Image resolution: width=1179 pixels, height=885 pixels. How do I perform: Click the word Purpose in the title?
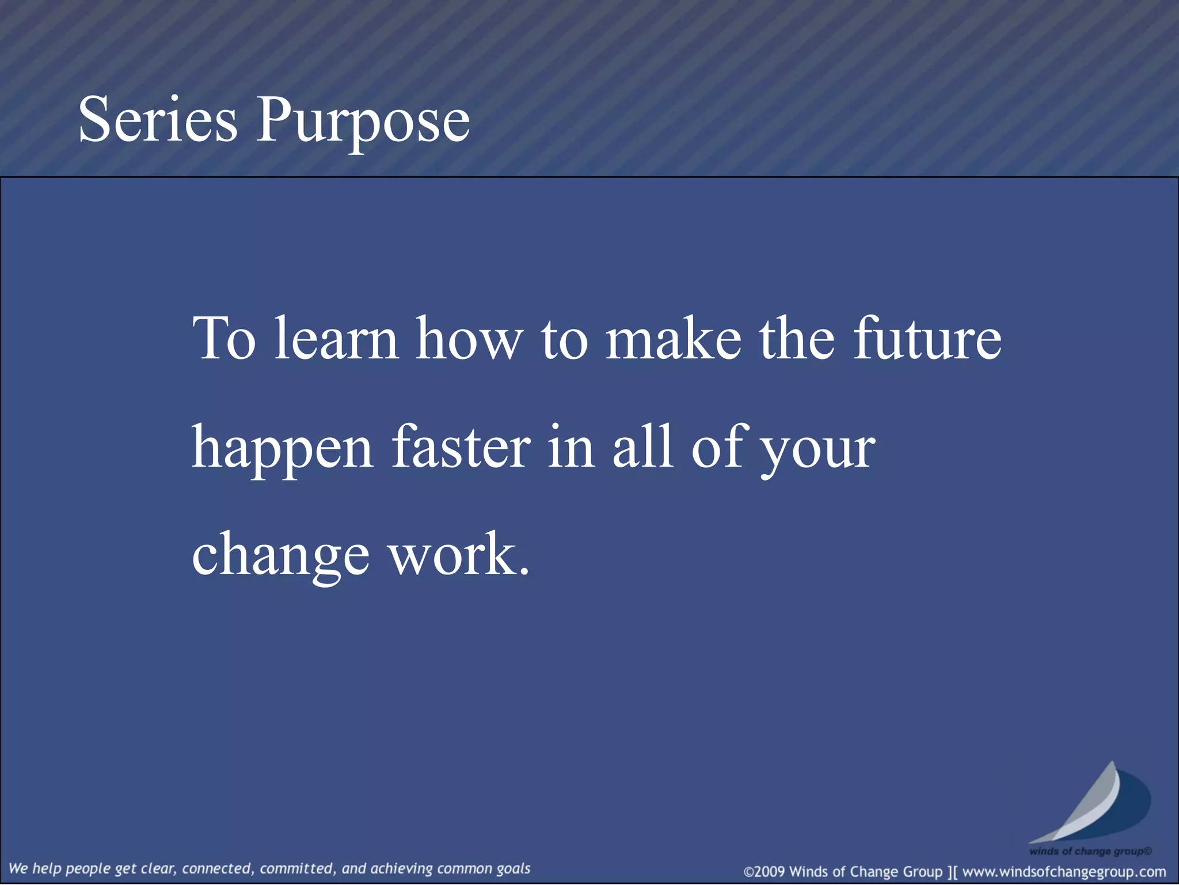(363, 122)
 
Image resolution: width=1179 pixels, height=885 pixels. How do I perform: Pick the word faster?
(461, 447)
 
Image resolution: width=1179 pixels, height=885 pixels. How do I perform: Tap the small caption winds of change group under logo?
(1090, 851)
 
